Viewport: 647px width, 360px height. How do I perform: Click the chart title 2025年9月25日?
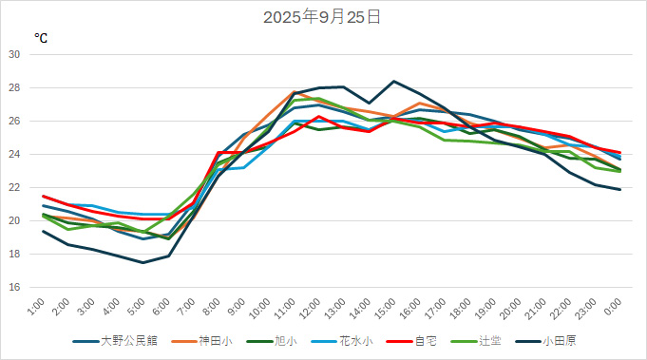322,17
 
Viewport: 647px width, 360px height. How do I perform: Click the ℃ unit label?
41,38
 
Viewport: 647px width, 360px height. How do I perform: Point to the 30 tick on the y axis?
14,55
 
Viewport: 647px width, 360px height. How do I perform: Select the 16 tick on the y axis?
14,288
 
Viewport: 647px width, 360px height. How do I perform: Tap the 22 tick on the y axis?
14,188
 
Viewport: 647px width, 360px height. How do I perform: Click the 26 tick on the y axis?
14,122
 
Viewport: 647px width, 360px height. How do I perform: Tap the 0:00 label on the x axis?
614,307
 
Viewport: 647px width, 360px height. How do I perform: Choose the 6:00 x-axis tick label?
166,307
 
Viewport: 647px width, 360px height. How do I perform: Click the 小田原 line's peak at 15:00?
394,81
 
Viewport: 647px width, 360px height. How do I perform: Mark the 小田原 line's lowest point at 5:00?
143,262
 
